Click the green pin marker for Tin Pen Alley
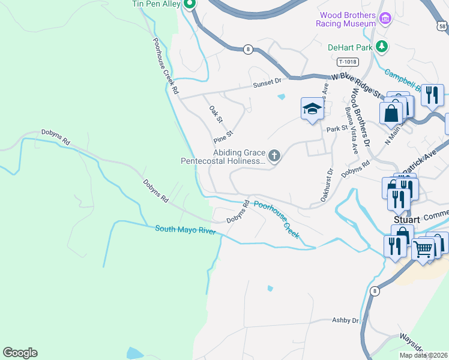click(190, 5)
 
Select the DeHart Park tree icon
click(381, 46)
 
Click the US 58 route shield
click(442, 25)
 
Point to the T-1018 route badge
click(348, 61)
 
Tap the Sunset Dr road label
click(267, 82)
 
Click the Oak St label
click(215, 114)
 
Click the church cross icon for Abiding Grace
click(274, 157)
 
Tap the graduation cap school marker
click(312, 109)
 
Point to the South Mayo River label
click(185, 229)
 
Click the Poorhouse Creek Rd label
click(165, 66)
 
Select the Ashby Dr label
click(345, 320)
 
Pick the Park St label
click(337, 129)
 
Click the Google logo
click(20, 353)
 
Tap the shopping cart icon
click(424, 249)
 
